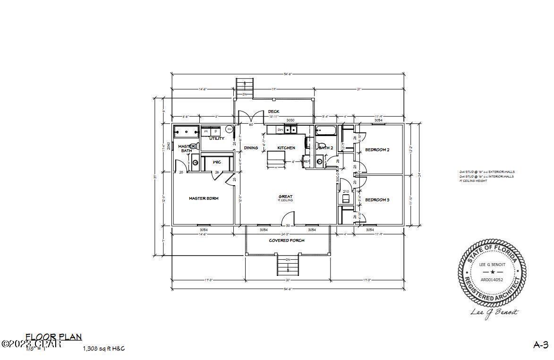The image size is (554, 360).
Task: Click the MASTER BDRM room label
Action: pyautogui.click(x=204, y=198)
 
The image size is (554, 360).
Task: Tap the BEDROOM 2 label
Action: pyautogui.click(x=377, y=150)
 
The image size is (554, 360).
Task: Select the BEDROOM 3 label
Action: pyautogui.click(x=377, y=200)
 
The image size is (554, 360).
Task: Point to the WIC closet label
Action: pyautogui.click(x=217, y=162)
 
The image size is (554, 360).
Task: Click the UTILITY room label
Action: pyautogui.click(x=217, y=138)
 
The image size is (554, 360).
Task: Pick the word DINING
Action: pyautogui.click(x=251, y=148)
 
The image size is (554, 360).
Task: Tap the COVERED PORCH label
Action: pyautogui.click(x=287, y=240)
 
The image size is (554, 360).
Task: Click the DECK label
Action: pyautogui.click(x=273, y=111)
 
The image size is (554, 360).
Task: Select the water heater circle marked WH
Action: pyautogui.click(x=230, y=129)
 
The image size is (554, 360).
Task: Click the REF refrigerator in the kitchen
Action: pyautogui.click(x=307, y=162)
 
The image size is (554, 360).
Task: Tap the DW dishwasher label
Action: pyautogui.click(x=280, y=129)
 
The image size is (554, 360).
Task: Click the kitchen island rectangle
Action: pyautogui.click(x=275, y=156)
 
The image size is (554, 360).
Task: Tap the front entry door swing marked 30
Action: pyautogui.click(x=288, y=218)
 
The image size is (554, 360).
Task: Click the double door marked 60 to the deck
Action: pyautogui.click(x=251, y=118)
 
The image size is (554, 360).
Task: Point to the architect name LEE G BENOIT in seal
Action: pyautogui.click(x=492, y=265)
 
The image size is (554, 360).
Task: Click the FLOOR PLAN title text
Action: pyautogui.click(x=53, y=337)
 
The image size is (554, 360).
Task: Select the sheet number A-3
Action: pyautogui.click(x=540, y=345)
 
